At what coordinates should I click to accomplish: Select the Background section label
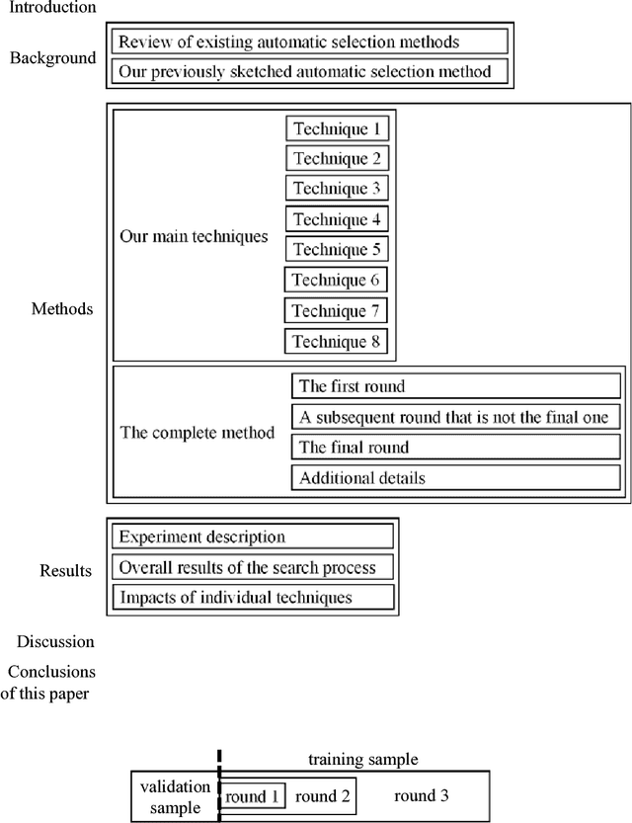point(53,57)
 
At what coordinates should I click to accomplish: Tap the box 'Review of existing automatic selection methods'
point(310,41)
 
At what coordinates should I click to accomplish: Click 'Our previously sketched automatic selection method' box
point(310,71)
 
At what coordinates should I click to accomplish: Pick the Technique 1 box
point(337,128)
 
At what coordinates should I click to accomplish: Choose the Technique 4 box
point(337,219)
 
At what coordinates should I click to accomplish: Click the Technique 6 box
point(336,281)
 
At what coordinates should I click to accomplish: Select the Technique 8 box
point(337,342)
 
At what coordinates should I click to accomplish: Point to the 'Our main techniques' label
point(194,237)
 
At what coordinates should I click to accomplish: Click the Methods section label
point(61,309)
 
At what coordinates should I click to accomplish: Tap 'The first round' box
point(456,386)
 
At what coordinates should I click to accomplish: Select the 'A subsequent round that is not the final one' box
point(456,417)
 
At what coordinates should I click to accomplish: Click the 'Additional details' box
point(456,478)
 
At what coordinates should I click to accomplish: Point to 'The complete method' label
point(197,433)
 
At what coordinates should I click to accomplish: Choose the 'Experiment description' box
point(253,537)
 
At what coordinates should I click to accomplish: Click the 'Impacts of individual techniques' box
point(253,597)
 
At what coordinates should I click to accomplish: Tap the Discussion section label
point(54,642)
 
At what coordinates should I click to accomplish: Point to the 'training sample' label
point(362,760)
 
